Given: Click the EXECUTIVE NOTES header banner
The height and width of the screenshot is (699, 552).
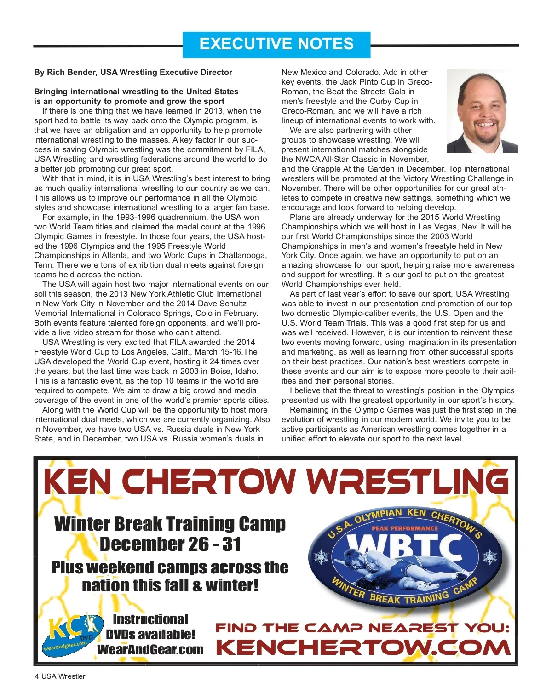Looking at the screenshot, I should [276, 45].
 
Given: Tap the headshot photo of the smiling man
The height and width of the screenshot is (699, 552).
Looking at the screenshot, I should [482, 111].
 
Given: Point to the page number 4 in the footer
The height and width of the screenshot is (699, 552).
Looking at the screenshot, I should [37, 676].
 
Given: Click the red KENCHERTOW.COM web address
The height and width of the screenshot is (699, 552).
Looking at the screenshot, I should [363, 647].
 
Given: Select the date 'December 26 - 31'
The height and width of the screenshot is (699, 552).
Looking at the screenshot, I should [170, 544].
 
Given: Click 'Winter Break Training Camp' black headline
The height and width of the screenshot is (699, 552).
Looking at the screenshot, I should [170, 524].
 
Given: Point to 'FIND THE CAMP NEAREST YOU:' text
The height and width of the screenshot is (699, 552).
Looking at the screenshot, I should [362, 628].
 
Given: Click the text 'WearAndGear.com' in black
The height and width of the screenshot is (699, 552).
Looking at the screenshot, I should [150, 649].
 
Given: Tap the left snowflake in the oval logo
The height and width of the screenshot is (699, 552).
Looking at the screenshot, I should [321, 557].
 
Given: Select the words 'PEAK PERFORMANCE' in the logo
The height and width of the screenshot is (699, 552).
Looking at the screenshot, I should [405, 528].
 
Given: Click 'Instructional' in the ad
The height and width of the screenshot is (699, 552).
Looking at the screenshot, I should [150, 619].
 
